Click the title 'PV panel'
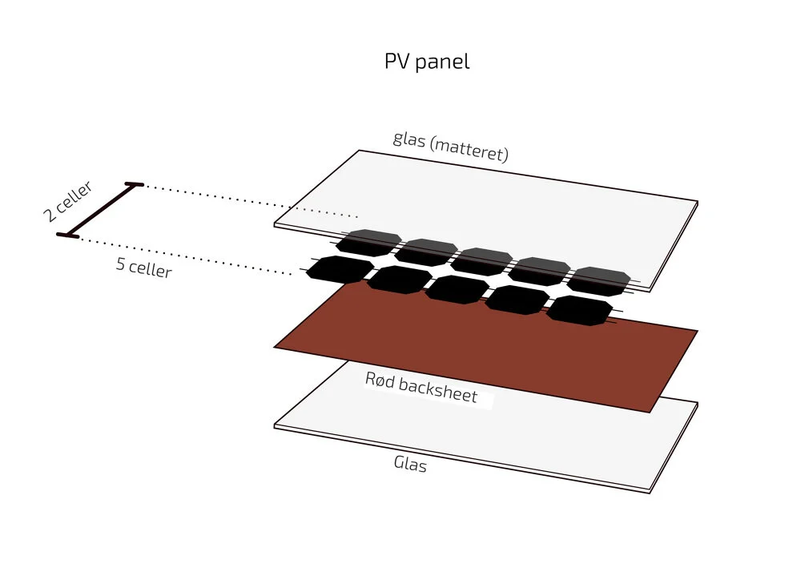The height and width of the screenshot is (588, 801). (426, 62)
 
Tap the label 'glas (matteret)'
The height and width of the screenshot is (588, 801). (450, 146)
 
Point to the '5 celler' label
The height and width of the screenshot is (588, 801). (143, 267)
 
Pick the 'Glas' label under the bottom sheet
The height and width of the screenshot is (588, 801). (410, 463)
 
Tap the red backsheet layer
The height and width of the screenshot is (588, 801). (481, 352)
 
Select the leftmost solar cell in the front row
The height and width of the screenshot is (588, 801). (340, 269)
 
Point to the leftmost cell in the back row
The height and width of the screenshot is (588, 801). (367, 242)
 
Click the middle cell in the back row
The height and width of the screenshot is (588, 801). (484, 260)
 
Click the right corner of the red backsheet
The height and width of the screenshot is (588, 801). (696, 330)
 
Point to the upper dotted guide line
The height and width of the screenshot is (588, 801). (248, 200)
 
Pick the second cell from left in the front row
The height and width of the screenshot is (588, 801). (399, 280)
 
